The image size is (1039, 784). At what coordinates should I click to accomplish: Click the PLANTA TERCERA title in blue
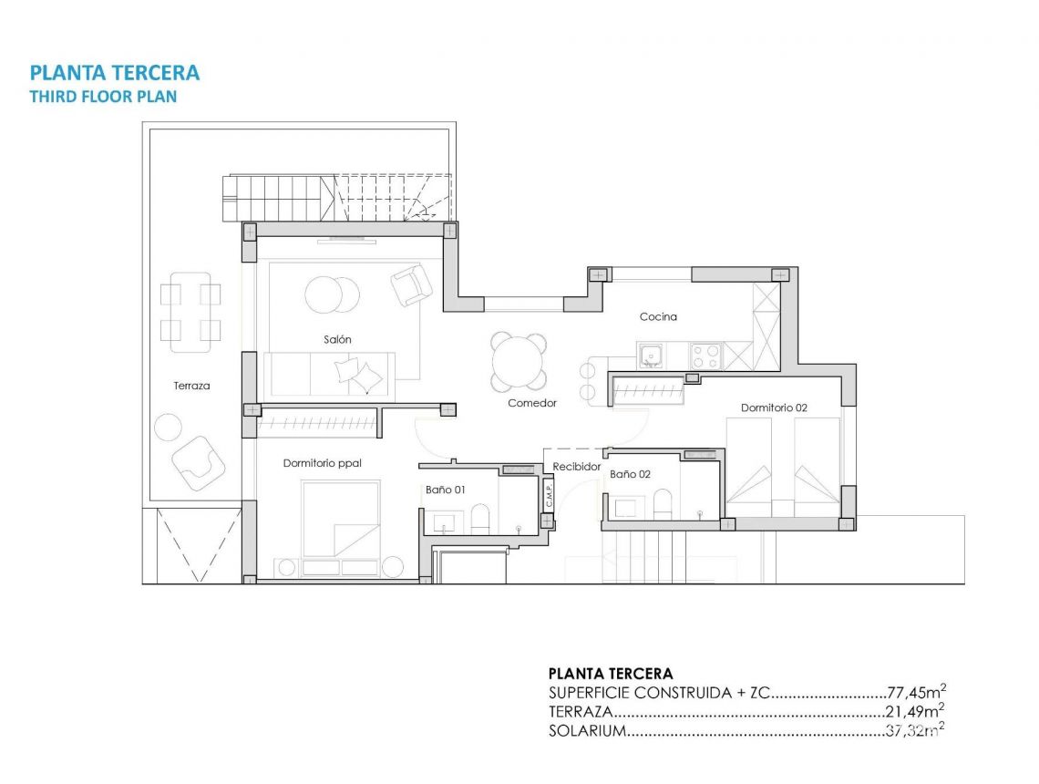click(115, 73)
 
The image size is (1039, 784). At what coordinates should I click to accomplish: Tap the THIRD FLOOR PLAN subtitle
click(103, 97)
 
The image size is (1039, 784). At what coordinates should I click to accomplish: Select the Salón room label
click(337, 339)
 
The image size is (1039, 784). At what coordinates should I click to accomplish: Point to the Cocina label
click(658, 316)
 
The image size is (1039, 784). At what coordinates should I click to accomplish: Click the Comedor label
click(532, 402)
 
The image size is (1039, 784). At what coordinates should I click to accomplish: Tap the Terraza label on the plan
click(191, 386)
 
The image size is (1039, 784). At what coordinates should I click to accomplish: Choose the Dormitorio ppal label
click(322, 463)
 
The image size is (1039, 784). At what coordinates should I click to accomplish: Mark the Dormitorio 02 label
click(774, 407)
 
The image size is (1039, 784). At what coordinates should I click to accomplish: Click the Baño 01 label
click(446, 490)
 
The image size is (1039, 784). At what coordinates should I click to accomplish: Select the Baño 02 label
click(630, 474)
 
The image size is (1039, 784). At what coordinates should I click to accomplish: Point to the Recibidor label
click(577, 466)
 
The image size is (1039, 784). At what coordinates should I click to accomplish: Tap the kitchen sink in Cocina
click(651, 354)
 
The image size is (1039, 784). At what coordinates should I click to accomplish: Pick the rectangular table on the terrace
click(190, 311)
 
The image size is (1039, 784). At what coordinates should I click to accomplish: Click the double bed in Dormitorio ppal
click(341, 519)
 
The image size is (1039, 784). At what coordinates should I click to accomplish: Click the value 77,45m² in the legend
click(915, 693)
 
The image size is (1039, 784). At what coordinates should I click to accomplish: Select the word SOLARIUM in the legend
click(587, 731)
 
